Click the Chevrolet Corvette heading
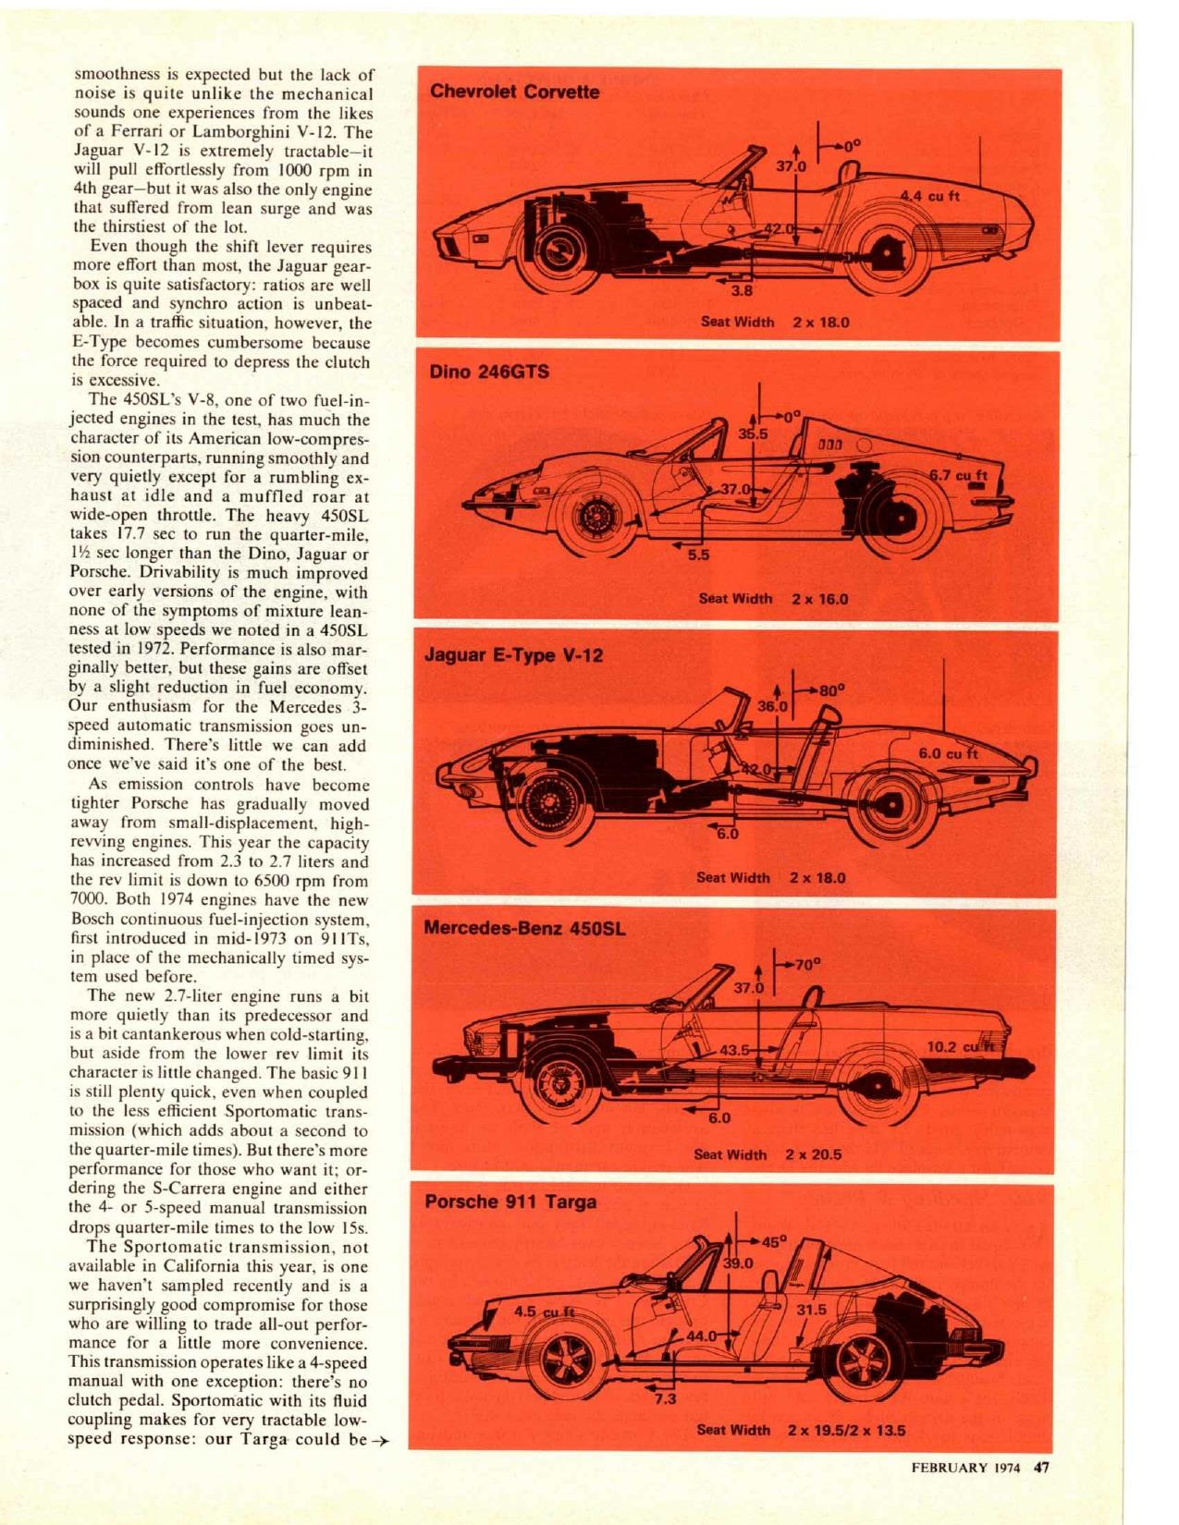[x=515, y=91]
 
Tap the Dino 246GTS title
[x=490, y=372]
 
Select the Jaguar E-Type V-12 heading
[x=512, y=655]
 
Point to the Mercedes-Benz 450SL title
[x=524, y=928]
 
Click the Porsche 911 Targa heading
[x=510, y=1202]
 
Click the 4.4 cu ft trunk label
[x=930, y=196]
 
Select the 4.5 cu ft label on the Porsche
[x=544, y=1311]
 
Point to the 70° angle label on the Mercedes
[x=804, y=964]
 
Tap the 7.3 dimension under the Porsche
[x=665, y=1398]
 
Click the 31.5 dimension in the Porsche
[x=811, y=1309]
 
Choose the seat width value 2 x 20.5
[x=814, y=1153]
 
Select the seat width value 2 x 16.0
[x=820, y=598]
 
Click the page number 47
[x=1041, y=1468]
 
